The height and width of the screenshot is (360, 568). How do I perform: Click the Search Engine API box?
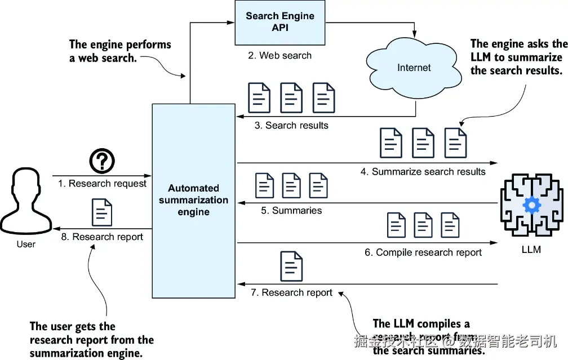click(x=279, y=23)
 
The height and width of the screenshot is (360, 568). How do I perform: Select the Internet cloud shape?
click(x=414, y=68)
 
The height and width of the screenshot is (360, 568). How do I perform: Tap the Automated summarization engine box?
click(x=193, y=201)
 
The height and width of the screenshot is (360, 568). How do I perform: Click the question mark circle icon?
click(x=102, y=161)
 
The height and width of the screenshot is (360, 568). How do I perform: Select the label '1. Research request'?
click(x=102, y=184)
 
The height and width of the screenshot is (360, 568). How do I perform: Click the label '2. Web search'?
click(x=279, y=55)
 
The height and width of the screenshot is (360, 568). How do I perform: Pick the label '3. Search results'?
click(x=291, y=125)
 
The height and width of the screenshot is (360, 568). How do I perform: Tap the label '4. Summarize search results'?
click(x=423, y=171)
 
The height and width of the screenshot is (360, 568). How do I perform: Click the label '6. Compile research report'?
click(x=423, y=252)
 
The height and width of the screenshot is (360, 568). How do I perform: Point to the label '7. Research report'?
click(x=291, y=292)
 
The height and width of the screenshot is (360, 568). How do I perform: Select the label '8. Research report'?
click(x=102, y=237)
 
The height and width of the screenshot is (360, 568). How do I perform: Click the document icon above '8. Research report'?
click(x=102, y=212)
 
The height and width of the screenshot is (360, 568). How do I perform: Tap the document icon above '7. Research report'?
click(x=291, y=266)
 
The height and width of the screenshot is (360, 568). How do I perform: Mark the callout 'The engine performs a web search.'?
click(x=119, y=51)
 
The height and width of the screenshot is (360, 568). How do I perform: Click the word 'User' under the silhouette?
click(x=26, y=245)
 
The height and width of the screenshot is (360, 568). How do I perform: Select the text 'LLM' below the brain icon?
click(x=531, y=250)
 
